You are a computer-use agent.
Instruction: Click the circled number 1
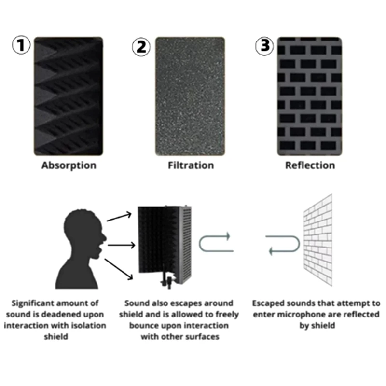coord(21,46)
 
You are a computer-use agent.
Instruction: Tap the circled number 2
coord(141,46)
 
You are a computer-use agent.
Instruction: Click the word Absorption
coord(69,165)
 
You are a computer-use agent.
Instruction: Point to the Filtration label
coord(191,165)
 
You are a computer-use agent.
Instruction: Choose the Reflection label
coord(310,165)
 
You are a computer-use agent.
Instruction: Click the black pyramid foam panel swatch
coord(69,96)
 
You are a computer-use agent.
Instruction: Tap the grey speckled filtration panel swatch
coord(190,96)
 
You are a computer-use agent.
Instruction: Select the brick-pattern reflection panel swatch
coord(309,96)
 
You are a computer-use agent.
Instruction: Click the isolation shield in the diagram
coord(164,241)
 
